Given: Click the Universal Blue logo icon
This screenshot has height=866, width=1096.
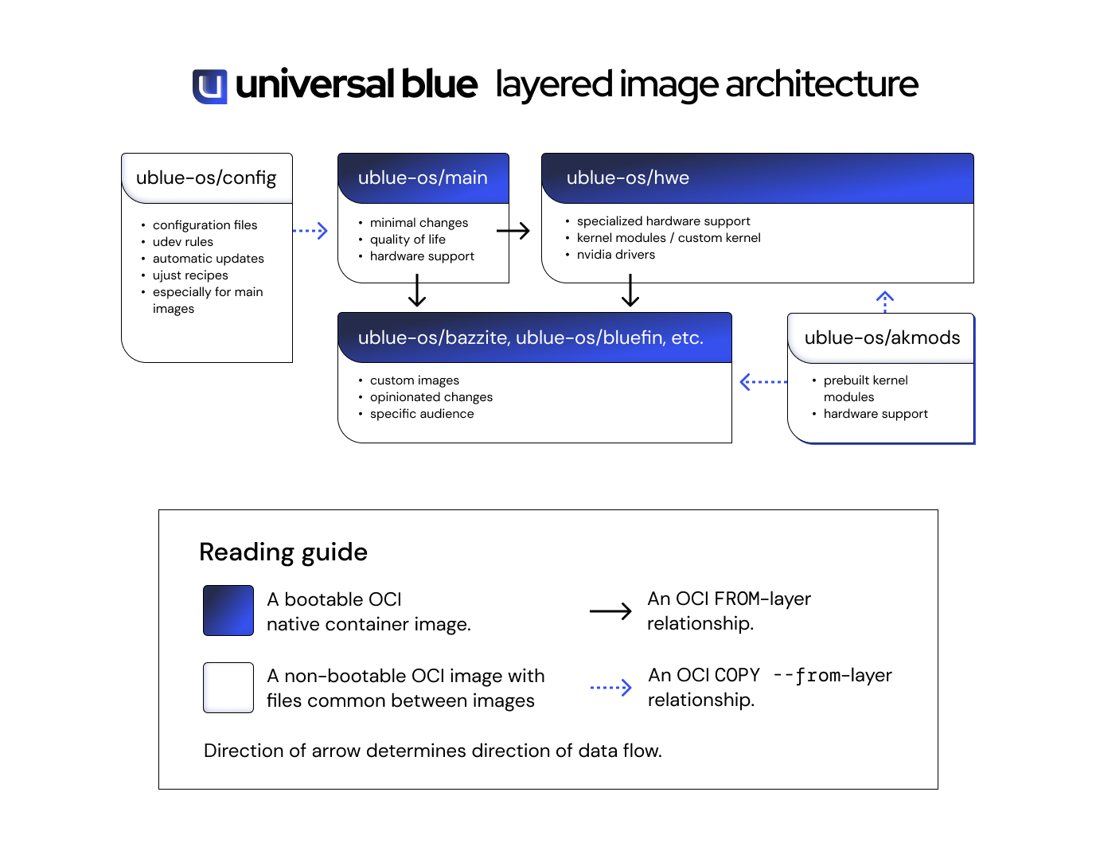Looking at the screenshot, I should [210, 86].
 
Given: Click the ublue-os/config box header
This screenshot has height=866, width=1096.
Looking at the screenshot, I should [206, 177].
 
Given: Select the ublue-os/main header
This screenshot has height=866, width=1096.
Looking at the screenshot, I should [423, 177].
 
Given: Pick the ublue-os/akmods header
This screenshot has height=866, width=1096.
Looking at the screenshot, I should [881, 337].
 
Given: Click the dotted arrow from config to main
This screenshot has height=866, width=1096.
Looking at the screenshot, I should [310, 231].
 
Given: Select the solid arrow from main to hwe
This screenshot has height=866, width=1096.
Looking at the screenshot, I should [513, 231].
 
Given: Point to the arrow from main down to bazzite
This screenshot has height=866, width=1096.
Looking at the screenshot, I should [417, 291].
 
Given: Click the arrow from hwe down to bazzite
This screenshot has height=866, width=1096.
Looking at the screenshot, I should [630, 291].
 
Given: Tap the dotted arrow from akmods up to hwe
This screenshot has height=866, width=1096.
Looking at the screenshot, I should [885, 302].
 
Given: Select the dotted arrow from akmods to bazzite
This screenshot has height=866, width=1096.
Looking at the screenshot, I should [763, 382].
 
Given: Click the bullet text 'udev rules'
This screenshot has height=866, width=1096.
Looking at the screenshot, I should [183, 242].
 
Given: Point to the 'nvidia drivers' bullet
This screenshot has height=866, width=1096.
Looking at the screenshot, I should [616, 255].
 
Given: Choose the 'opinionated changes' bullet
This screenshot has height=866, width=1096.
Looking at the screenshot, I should [431, 397].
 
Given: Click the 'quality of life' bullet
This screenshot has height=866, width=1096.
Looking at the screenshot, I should [408, 240].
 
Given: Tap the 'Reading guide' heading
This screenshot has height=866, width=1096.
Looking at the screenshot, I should [283, 552].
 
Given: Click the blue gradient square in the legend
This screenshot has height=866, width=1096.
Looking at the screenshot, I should [228, 610].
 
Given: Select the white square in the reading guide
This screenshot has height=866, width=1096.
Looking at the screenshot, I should [228, 688].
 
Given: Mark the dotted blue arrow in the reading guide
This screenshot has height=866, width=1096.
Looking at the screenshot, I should [611, 688].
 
